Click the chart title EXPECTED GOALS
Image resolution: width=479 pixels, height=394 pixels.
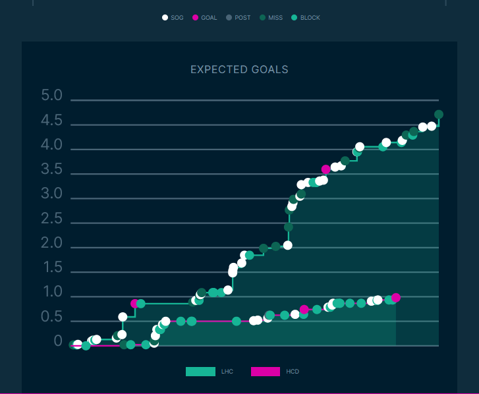coord(239,69)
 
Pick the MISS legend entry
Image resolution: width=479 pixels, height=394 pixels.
coord(270,18)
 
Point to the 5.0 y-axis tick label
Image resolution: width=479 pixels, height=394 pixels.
coord(51,96)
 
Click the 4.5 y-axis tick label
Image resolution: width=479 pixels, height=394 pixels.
coord(51,121)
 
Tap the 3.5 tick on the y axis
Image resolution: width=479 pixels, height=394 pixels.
coord(51,170)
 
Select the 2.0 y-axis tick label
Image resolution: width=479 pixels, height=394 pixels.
coord(51,244)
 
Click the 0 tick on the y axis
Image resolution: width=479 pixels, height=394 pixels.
coord(58,342)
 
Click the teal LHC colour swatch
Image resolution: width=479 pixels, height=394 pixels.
coord(200,372)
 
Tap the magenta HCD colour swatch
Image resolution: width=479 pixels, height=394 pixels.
coord(266,372)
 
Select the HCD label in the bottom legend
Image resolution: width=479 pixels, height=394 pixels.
coord(293,372)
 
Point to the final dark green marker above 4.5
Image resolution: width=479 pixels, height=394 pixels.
coord(439,115)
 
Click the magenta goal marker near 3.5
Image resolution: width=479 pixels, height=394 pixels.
coord(325,169)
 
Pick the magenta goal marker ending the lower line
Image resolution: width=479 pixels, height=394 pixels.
coord(396,298)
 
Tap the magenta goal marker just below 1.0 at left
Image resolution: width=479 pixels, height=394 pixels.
coord(134,304)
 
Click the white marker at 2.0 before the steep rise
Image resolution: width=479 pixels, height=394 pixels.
coord(287,245)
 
